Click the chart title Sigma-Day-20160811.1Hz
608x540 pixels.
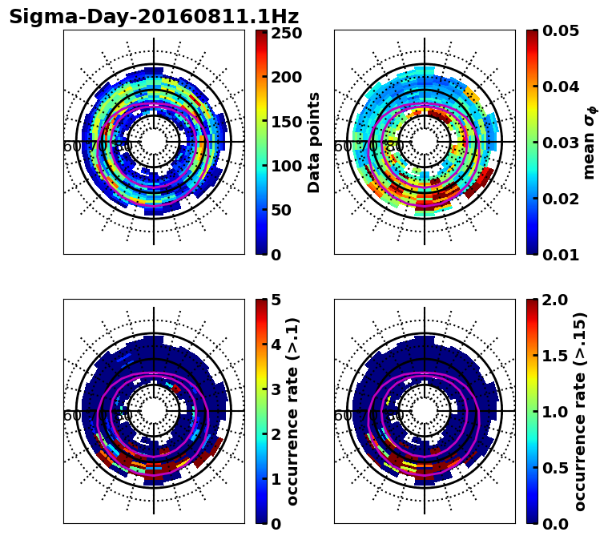point(154,17)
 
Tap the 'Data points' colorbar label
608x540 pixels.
point(314,142)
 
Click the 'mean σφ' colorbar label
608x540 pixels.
point(589,143)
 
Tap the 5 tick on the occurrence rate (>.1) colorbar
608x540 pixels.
point(277,300)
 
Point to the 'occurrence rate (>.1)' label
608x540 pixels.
point(293,412)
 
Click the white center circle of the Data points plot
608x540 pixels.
point(154,142)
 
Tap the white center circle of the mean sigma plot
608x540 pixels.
point(425,142)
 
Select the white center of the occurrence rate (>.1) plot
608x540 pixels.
point(154,411)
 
